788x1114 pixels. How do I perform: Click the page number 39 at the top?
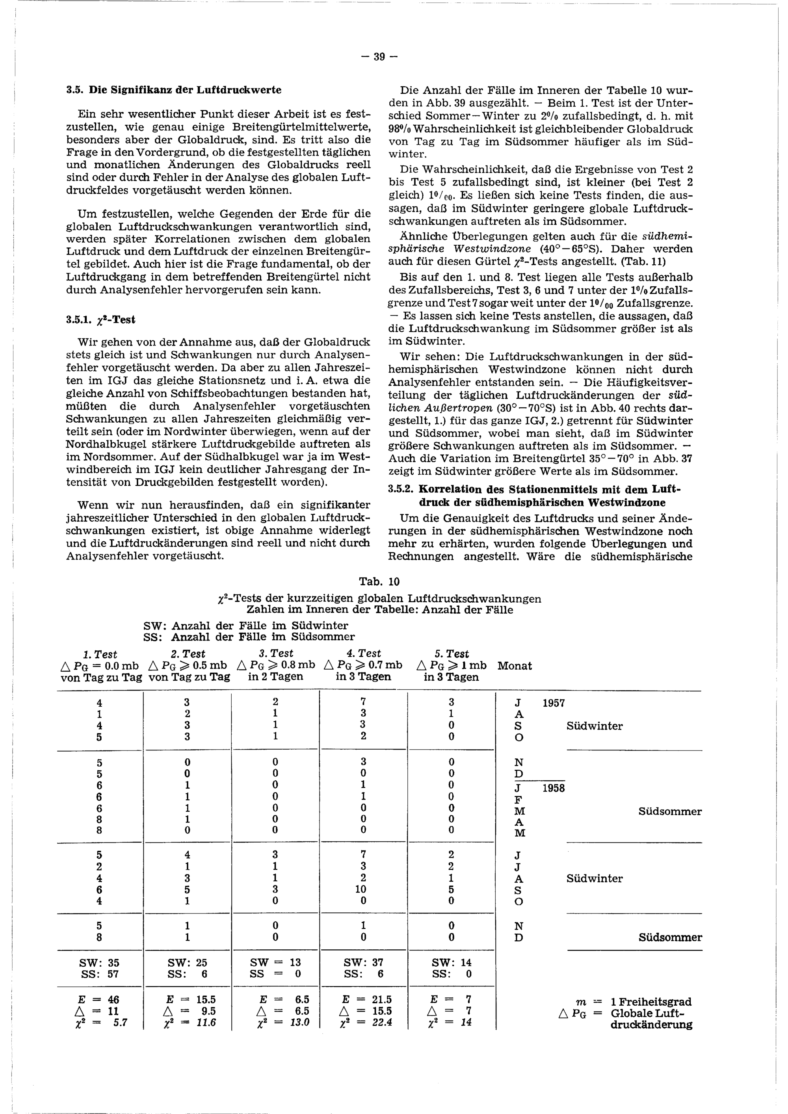tap(379, 57)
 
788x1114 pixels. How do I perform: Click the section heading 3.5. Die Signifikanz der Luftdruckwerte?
tap(174, 90)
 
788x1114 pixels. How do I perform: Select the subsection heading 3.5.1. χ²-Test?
tap(100, 320)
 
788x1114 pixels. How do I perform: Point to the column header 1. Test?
tap(100, 654)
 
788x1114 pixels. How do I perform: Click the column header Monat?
tap(515, 666)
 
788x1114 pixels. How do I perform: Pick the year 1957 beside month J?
tap(554, 704)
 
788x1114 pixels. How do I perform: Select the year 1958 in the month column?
tap(554, 788)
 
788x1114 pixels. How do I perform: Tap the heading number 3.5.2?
tap(401, 490)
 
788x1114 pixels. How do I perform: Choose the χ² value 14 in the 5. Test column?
tap(465, 1023)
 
